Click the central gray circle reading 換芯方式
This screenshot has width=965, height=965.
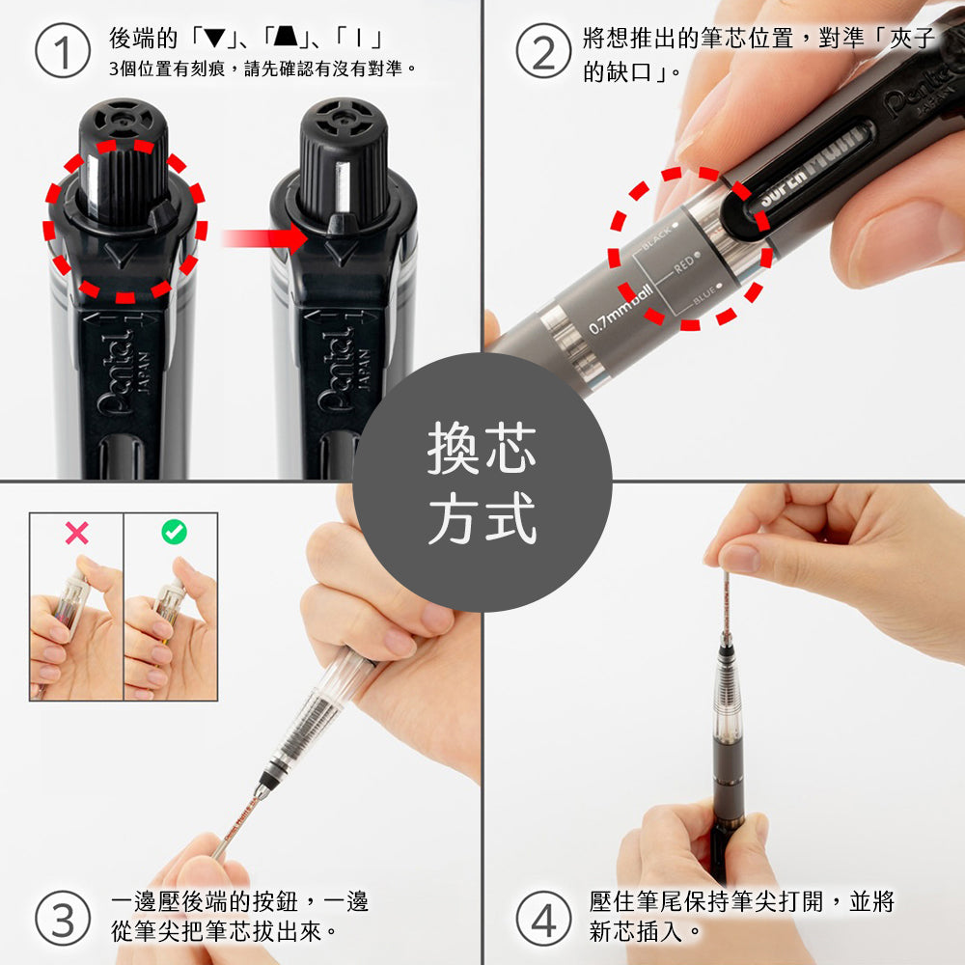point(482,482)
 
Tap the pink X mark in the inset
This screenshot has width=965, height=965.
point(76,532)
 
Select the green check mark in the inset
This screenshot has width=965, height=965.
point(174,532)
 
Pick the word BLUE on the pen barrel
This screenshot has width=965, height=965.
point(704,292)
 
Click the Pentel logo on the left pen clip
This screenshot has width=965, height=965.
point(116,372)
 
